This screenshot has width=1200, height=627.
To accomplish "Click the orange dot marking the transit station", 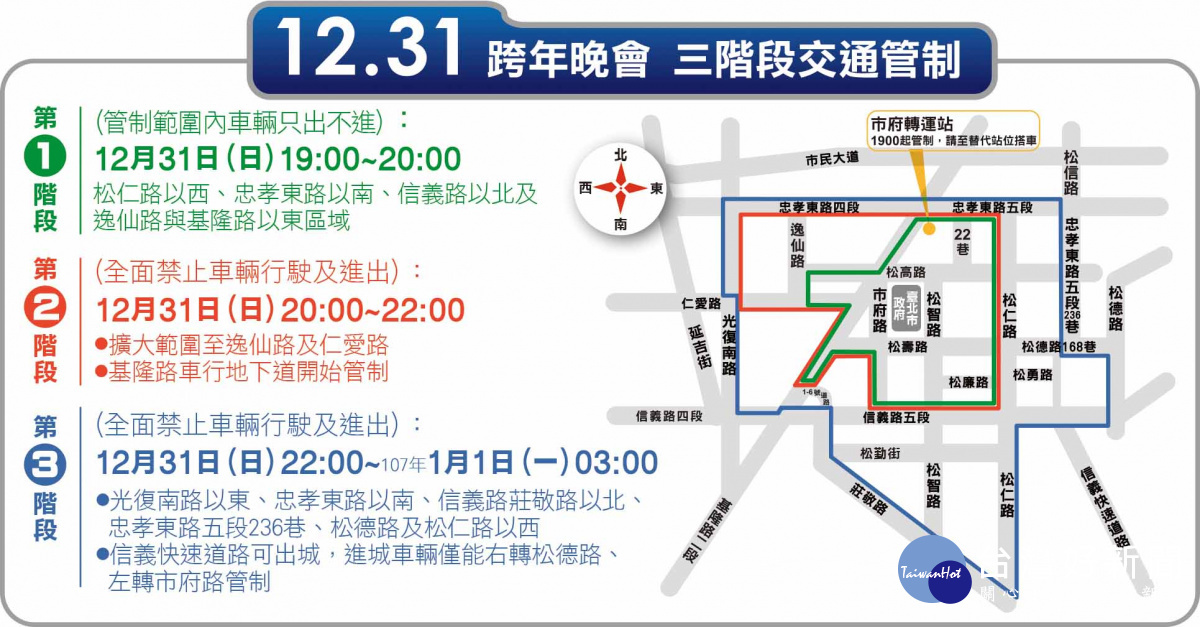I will pyautogui.click(x=929, y=229).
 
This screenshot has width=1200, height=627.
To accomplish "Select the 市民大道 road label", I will pyautogui.click(x=832, y=159).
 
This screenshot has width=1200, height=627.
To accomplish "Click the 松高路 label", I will pyautogui.click(x=906, y=271).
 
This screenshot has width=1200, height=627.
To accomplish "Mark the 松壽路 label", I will pyautogui.click(x=907, y=347).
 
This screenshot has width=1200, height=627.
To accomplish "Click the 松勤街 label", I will pyautogui.click(x=879, y=454).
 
